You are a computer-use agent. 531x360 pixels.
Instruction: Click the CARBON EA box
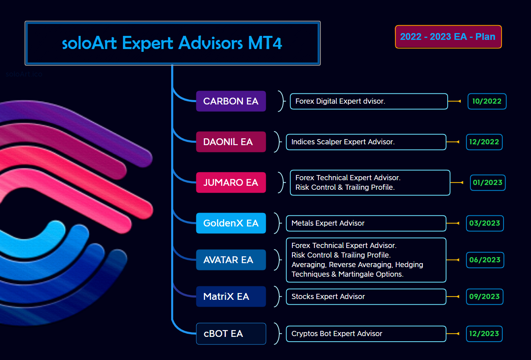(231, 101)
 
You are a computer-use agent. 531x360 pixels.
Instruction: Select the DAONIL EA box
(231, 142)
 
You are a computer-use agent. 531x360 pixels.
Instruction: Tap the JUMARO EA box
(231, 183)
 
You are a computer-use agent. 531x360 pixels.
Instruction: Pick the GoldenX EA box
(231, 223)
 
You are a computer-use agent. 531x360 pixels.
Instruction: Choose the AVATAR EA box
(231, 260)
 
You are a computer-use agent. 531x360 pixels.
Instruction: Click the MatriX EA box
(231, 297)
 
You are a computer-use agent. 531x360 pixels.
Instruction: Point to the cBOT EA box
(231, 334)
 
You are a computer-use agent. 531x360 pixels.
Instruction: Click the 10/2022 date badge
(487, 101)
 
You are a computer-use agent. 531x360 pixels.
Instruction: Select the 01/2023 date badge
(488, 183)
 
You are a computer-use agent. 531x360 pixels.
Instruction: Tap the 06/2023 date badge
(485, 260)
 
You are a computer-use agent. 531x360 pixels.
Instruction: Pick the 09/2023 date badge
(484, 297)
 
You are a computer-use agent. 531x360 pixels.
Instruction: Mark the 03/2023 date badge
(484, 223)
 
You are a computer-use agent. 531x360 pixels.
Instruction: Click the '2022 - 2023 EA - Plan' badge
(448, 37)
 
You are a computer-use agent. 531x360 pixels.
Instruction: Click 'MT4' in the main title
(265, 43)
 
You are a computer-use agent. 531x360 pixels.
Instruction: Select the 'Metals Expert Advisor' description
(328, 223)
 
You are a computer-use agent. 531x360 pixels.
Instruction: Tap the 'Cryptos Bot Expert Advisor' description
(337, 334)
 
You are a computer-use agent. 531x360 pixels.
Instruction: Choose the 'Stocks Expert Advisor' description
(328, 297)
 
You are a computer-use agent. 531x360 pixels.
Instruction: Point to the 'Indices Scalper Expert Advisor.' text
(343, 142)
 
